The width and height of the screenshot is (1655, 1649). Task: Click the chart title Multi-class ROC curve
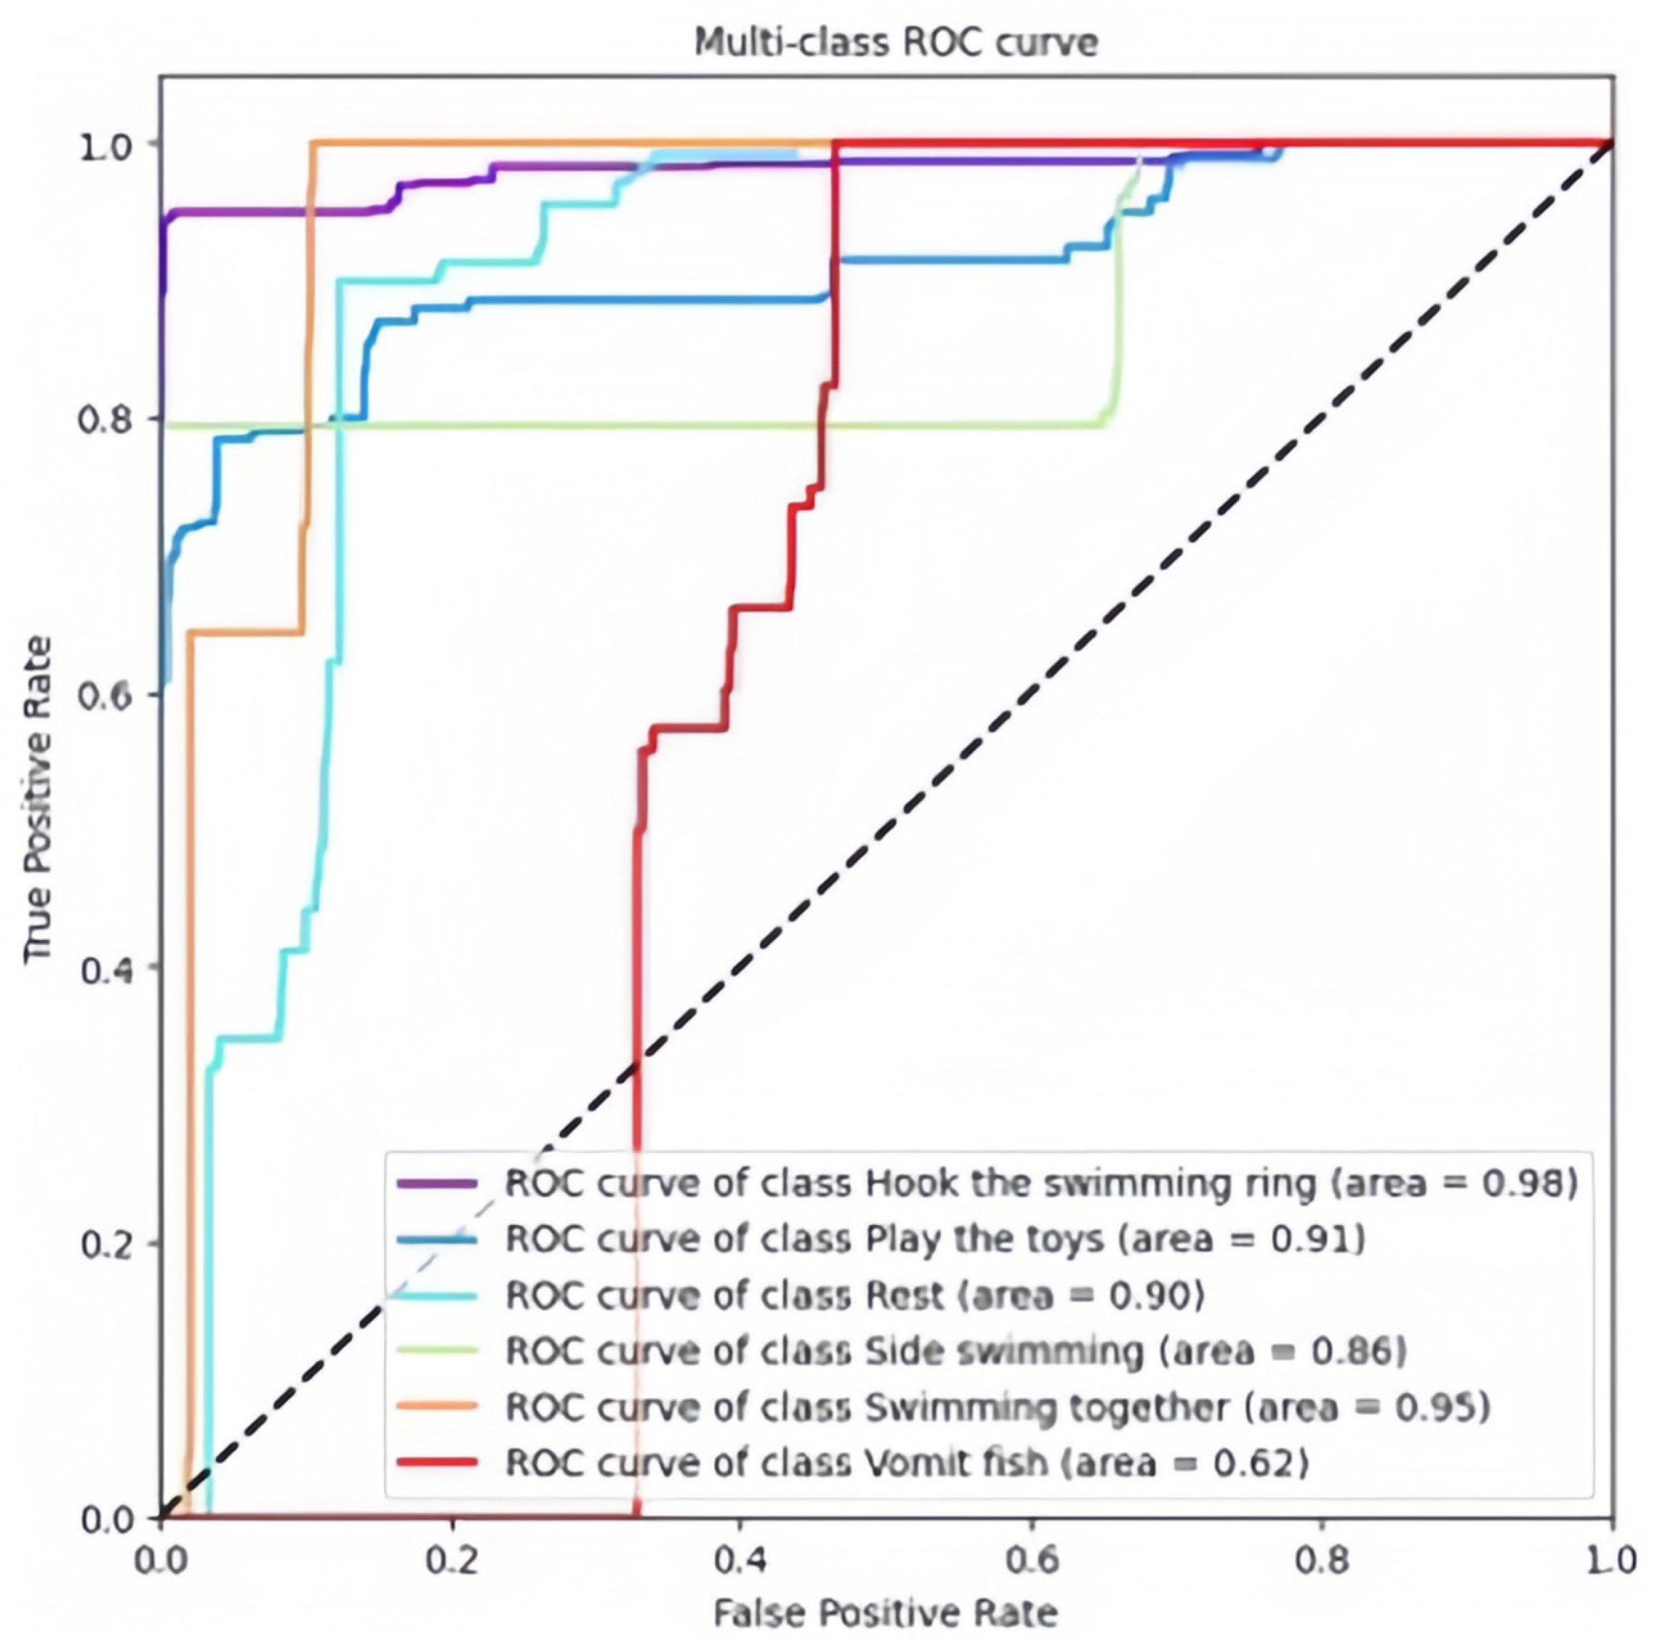point(895,42)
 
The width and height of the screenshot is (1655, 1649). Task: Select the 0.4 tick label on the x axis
point(740,1560)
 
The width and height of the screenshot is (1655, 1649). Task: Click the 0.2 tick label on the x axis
point(452,1560)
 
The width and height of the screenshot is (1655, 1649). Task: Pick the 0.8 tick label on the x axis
point(1321,1560)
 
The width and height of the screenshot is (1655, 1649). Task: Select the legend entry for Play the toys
point(935,1239)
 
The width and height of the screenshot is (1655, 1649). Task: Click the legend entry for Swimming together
point(998,1407)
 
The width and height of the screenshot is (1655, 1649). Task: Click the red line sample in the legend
point(437,1462)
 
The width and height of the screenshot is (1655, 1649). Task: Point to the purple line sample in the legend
point(437,1183)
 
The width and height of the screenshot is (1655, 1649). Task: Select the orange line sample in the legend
point(437,1406)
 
